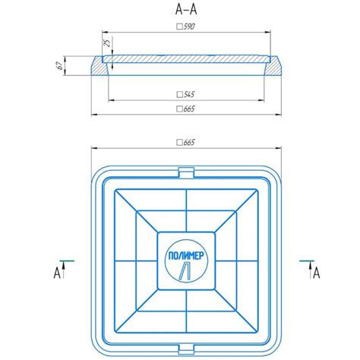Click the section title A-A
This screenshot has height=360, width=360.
[186, 10]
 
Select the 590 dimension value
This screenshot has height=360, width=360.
[189, 27]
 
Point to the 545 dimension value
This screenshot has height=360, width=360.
[189, 94]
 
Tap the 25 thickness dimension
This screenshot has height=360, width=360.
[108, 43]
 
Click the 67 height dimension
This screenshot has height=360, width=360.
[60, 65]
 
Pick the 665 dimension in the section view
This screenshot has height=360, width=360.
[189, 109]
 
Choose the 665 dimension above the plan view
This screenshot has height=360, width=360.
[189, 142]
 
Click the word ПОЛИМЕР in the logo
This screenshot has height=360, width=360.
[186, 256]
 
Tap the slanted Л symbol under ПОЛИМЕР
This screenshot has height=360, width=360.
[185, 271]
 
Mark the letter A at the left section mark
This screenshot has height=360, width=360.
[57, 273]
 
